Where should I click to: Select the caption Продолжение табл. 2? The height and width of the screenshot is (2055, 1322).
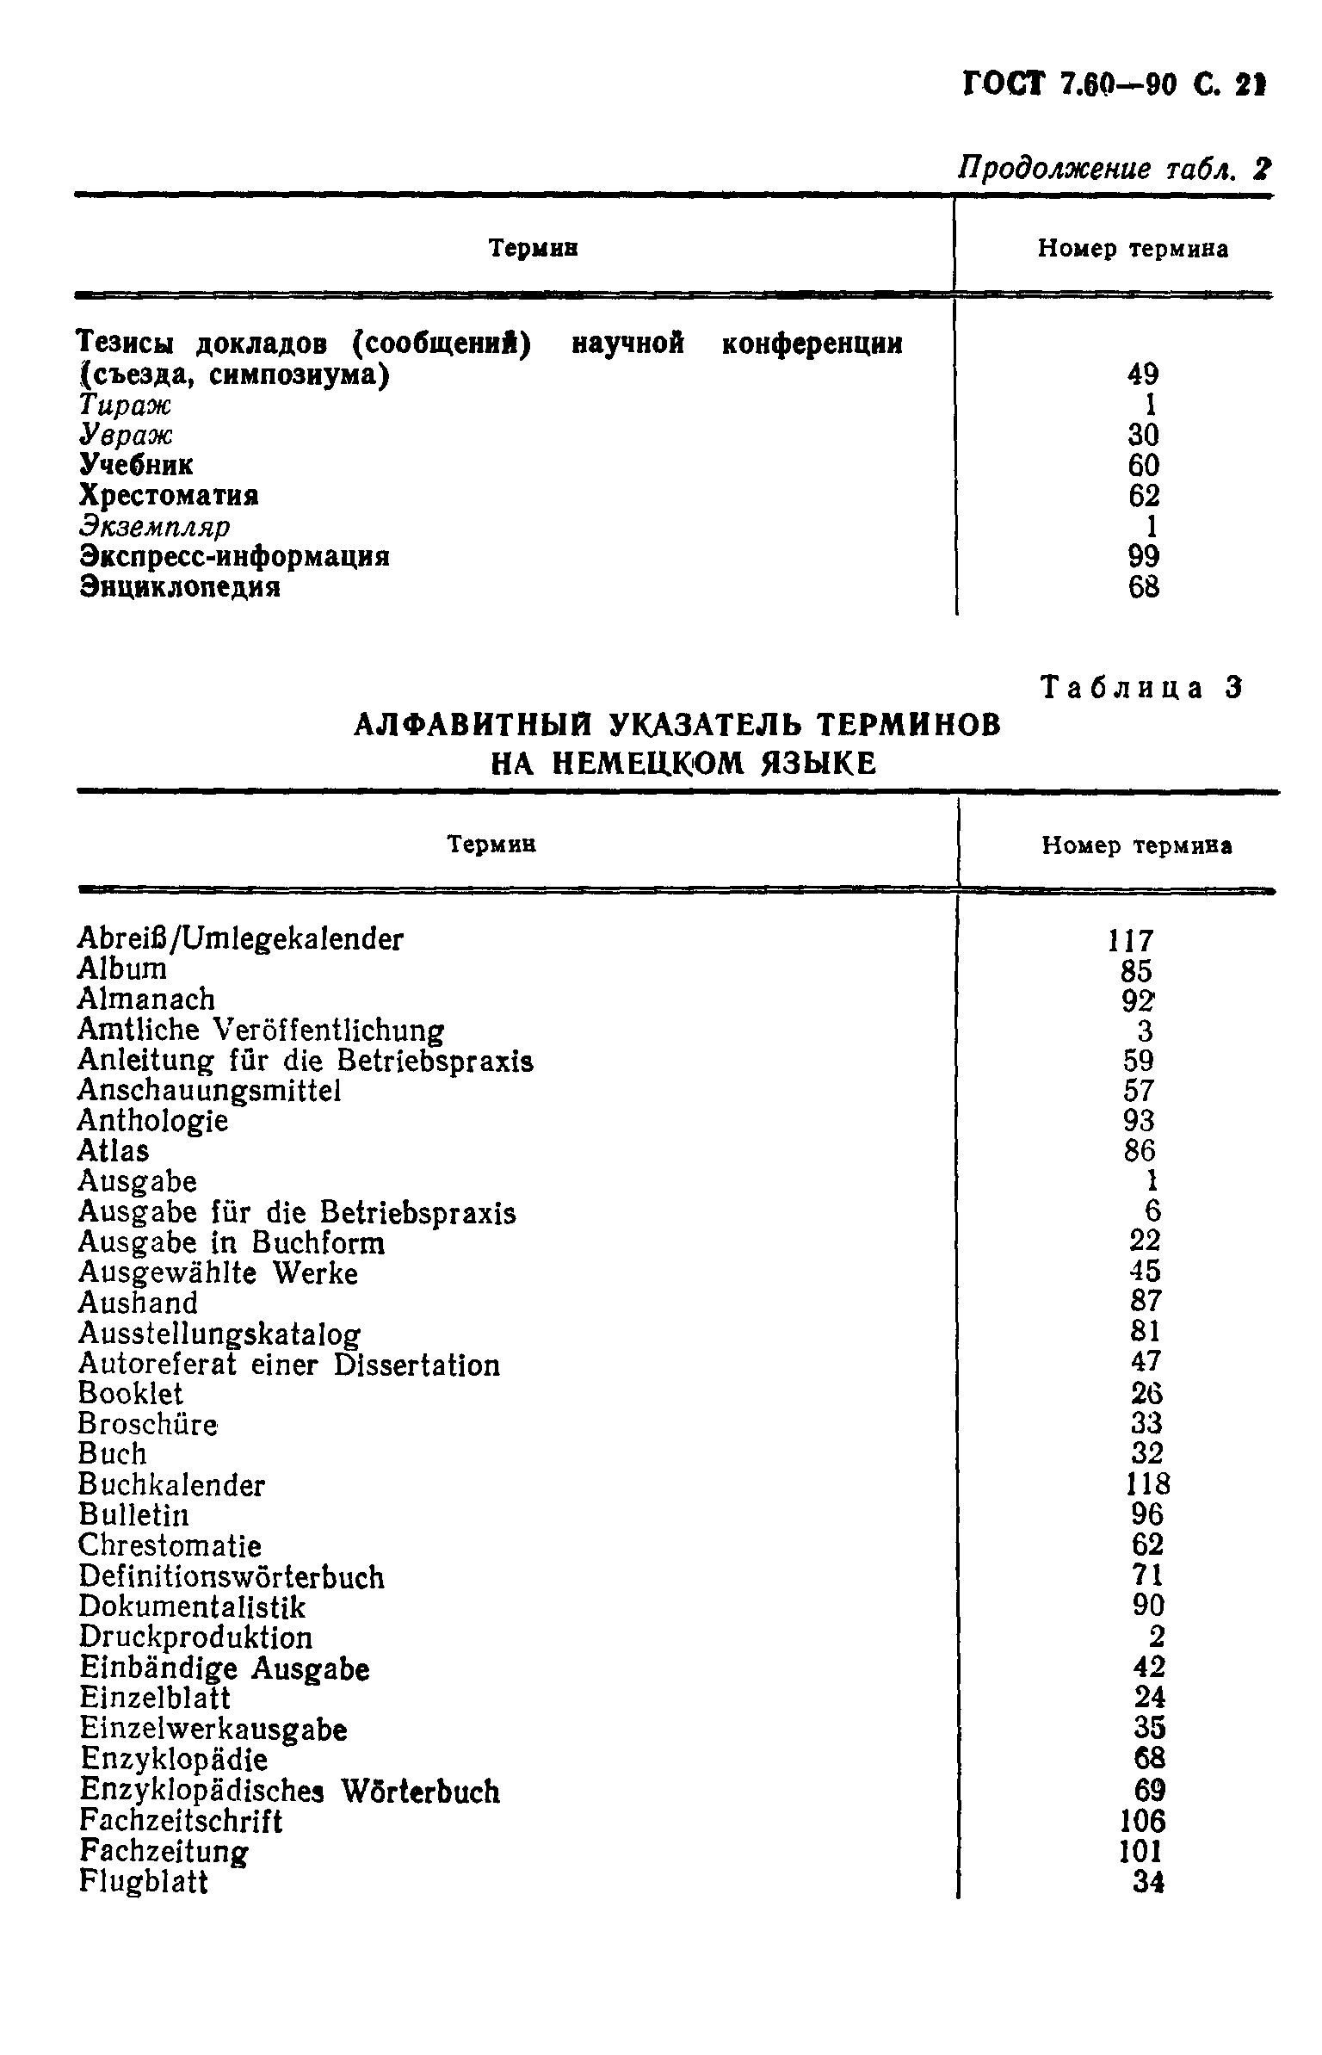(1114, 168)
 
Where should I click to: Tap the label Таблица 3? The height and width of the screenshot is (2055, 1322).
(1142, 688)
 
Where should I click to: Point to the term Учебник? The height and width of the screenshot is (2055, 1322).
(136, 466)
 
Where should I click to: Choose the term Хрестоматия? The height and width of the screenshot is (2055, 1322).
(169, 497)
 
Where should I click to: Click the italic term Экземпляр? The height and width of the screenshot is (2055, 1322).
(155, 527)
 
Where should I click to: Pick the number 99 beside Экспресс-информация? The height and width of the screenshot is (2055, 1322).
(1143, 557)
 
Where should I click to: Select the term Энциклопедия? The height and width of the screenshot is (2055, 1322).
(180, 588)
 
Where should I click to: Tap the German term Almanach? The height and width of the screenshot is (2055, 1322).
(146, 1000)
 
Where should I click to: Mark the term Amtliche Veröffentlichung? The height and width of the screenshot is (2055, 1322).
(261, 1031)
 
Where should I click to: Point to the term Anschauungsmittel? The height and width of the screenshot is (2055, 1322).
(209, 1091)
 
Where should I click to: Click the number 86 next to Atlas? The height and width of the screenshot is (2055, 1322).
(1140, 1151)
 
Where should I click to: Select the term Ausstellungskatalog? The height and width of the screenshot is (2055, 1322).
(219, 1334)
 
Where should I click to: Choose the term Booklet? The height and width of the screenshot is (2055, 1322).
(130, 1394)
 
